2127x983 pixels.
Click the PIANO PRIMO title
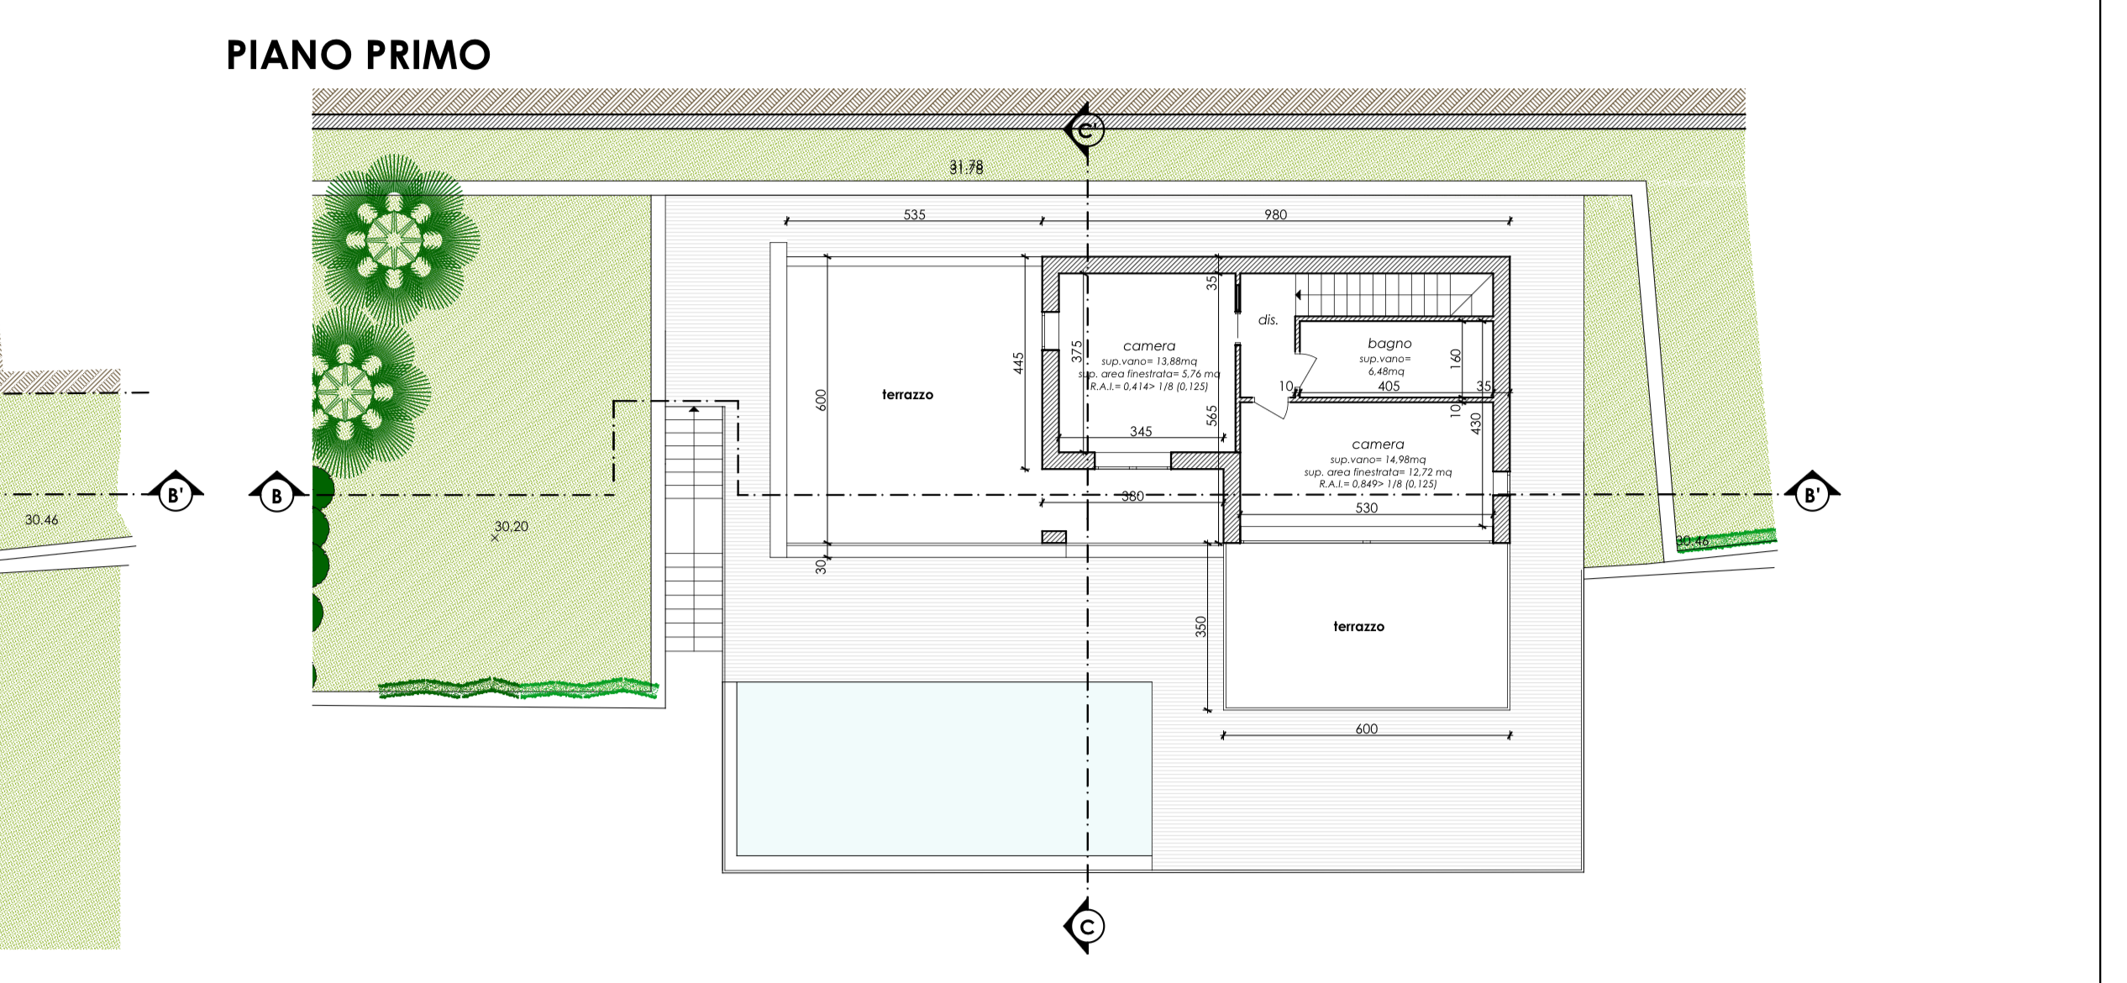click(x=358, y=55)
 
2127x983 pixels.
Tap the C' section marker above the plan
click(x=1086, y=131)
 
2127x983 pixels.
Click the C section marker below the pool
click(x=1087, y=926)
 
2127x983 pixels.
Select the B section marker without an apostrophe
click(x=276, y=495)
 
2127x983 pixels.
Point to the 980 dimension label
click(x=1275, y=214)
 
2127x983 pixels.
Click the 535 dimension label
click(x=914, y=214)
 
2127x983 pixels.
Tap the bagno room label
click(x=1389, y=343)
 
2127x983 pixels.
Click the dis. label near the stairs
click(x=1268, y=319)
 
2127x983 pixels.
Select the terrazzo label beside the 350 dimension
click(x=1358, y=626)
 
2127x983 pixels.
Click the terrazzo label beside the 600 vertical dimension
click(x=907, y=394)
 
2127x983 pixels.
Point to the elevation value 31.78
click(x=966, y=167)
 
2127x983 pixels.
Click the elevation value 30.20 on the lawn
click(x=511, y=526)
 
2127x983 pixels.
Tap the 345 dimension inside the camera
click(x=1141, y=431)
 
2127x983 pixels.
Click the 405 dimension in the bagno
click(x=1389, y=386)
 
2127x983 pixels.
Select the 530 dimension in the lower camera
click(x=1366, y=507)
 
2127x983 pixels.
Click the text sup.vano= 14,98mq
click(x=1378, y=459)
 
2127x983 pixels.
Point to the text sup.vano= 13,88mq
click(x=1148, y=360)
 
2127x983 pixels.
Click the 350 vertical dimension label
click(x=1200, y=626)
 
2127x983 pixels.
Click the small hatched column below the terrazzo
click(x=1053, y=537)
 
